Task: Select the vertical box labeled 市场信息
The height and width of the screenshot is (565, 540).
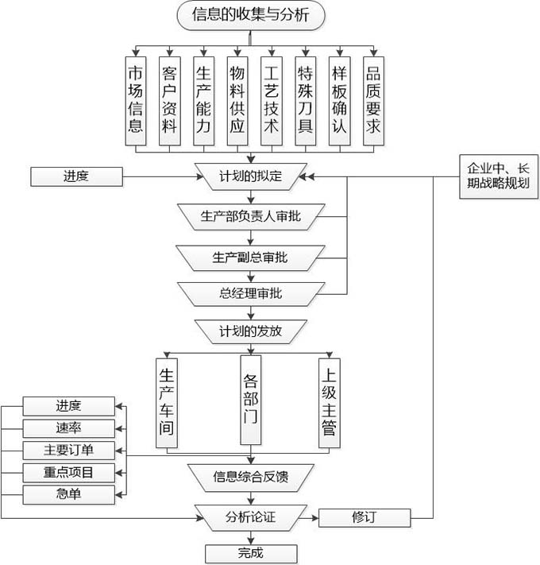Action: pos(136,100)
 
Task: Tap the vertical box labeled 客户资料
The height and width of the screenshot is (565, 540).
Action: pos(170,100)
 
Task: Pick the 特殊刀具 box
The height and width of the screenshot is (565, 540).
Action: pos(306,100)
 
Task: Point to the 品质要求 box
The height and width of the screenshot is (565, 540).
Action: pos(373,100)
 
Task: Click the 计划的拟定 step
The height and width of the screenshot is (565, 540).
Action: pos(251,176)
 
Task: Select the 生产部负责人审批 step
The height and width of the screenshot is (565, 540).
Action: pos(251,216)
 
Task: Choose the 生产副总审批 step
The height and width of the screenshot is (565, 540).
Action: pos(251,257)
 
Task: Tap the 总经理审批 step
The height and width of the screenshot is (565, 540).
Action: pos(251,294)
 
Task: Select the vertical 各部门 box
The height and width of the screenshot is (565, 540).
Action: pos(251,398)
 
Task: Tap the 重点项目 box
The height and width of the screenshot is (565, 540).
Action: pos(69,472)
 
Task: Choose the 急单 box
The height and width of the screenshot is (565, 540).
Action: pos(69,494)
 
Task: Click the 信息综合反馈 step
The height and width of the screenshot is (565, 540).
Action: pos(251,478)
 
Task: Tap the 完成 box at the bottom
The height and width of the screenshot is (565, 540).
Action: pos(250,553)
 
